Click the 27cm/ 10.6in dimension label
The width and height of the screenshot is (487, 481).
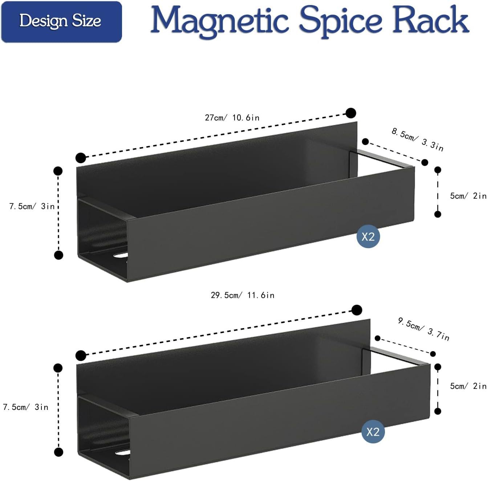click(x=232, y=118)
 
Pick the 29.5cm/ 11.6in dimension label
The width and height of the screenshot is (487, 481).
click(x=243, y=295)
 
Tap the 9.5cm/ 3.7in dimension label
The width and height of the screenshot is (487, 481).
click(x=423, y=329)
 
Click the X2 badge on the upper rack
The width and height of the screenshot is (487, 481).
click(x=368, y=237)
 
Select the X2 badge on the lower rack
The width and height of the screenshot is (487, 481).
click(x=373, y=432)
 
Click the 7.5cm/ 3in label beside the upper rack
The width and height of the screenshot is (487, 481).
click(x=32, y=206)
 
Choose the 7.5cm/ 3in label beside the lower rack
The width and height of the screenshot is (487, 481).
click(x=25, y=407)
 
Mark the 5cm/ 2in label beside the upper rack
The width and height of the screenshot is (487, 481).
click(x=468, y=196)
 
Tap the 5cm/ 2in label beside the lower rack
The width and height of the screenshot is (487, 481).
click(x=468, y=386)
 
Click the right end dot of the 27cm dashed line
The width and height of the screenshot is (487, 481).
click(x=350, y=113)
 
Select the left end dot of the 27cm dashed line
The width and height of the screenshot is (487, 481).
click(x=81, y=158)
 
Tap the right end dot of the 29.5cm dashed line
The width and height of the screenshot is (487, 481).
click(x=357, y=310)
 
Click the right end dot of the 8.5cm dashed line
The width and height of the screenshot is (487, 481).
click(x=425, y=162)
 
